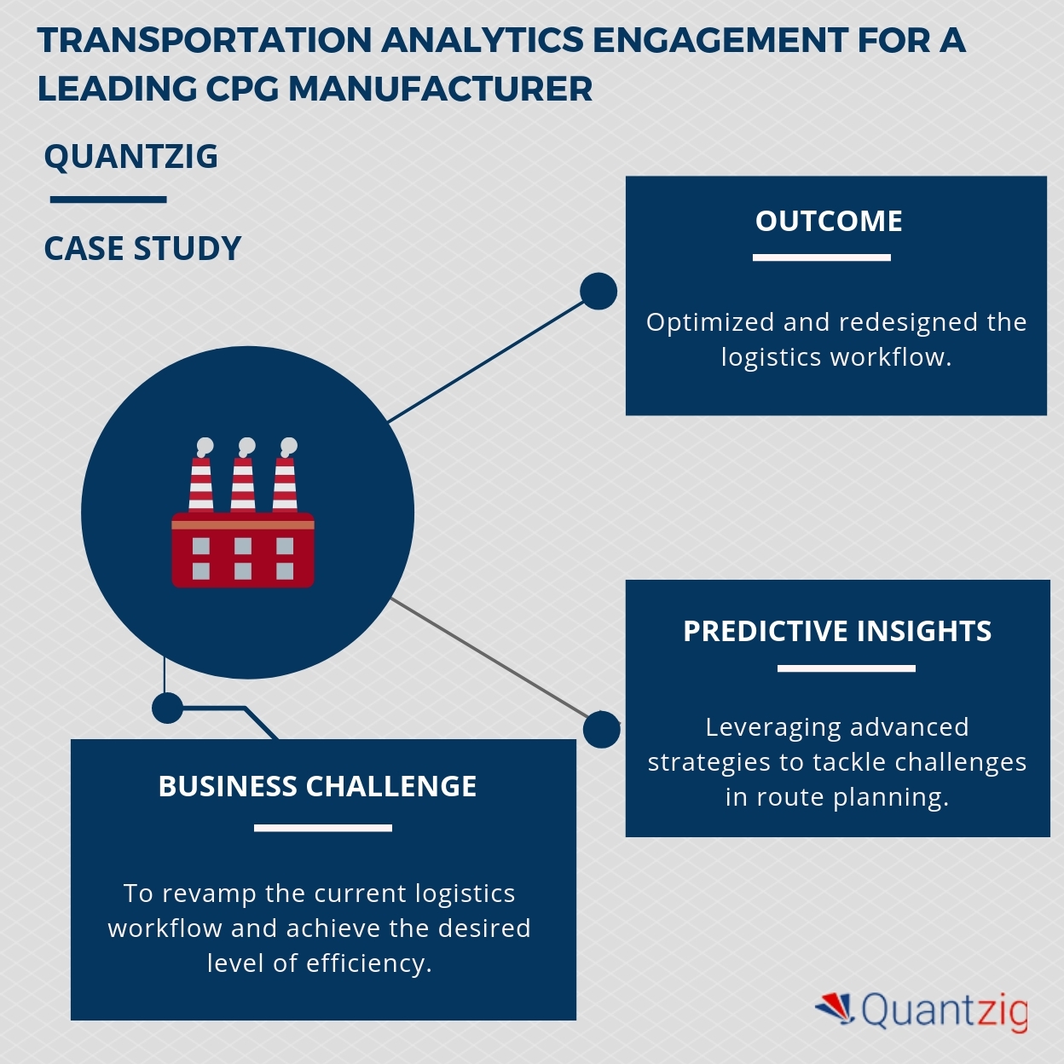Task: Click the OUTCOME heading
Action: pos(828,221)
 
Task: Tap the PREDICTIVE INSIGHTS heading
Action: pos(837,631)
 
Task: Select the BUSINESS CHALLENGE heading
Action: pos(317,786)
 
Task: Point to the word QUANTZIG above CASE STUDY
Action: pos(130,156)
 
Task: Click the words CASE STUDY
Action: pos(142,248)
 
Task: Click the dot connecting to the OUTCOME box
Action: pos(598,291)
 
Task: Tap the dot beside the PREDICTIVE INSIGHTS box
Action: pos(601,730)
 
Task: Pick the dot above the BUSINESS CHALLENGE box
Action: pos(167,708)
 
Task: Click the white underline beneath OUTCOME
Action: pos(822,257)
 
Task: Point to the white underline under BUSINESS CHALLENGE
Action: pos(323,828)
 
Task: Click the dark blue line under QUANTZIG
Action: pos(108,199)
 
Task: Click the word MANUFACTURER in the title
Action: pos(440,89)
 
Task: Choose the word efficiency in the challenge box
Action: pos(369,963)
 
